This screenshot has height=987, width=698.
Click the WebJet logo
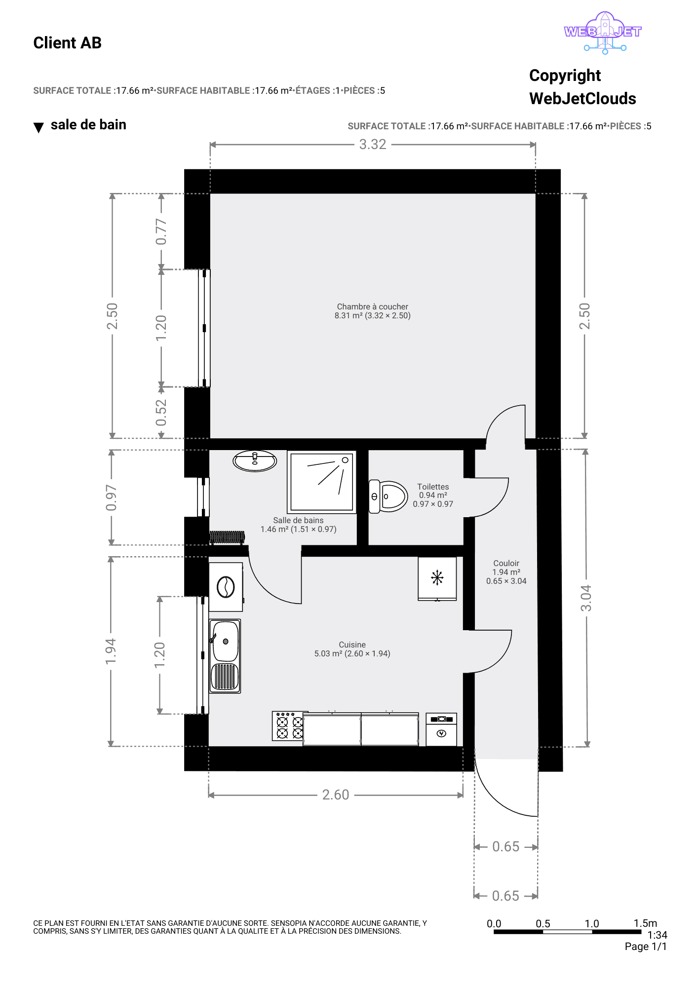click(603, 33)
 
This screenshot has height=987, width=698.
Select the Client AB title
click(67, 43)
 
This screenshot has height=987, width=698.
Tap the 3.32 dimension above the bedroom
click(373, 144)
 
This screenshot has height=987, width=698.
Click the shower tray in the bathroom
click(321, 482)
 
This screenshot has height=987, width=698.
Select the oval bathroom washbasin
click(255, 461)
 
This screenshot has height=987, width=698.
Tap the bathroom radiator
click(227, 537)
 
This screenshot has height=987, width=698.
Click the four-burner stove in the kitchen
click(288, 726)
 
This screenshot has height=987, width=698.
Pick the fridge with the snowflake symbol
click(437, 578)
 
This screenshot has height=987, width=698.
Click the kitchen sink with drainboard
click(225, 656)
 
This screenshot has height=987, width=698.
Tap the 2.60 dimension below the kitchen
click(336, 795)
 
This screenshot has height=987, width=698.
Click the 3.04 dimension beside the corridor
click(586, 598)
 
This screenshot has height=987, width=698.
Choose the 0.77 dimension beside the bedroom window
click(161, 231)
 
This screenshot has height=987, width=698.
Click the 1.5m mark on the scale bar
click(645, 923)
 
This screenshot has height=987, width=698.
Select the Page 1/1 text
click(646, 947)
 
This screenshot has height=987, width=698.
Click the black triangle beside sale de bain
click(39, 128)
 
